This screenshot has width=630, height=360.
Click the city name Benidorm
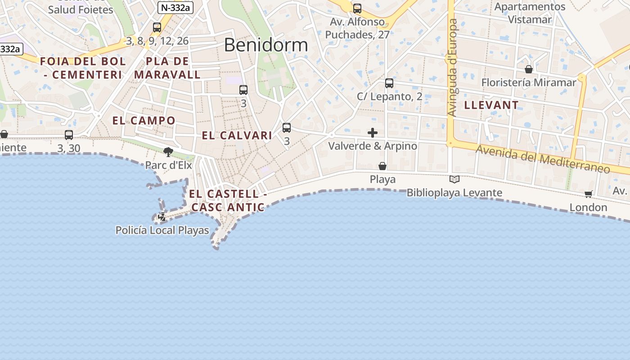(265, 45)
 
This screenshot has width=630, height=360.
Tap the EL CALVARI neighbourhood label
(237, 135)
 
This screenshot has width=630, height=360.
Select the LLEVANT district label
(491, 105)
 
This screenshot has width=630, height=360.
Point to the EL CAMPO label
(144, 121)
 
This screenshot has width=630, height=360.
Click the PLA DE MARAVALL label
(167, 68)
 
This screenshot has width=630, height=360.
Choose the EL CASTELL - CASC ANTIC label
(228, 201)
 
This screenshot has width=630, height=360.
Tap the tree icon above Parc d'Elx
(168, 152)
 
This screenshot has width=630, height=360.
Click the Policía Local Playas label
(162, 230)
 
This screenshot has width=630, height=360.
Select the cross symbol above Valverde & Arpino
(373, 133)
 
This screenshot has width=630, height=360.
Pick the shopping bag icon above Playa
(382, 166)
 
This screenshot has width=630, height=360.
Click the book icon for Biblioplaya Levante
(454, 180)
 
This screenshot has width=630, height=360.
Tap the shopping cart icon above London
(588, 194)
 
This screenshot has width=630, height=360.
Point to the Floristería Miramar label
(528, 82)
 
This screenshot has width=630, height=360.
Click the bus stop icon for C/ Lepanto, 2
(389, 83)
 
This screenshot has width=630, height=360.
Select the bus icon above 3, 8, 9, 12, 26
(157, 27)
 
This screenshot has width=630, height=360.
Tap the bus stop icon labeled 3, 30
(69, 135)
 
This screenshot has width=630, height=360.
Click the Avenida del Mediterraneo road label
(543, 159)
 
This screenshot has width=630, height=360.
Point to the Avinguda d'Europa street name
(453, 67)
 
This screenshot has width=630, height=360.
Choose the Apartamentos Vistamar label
(530, 13)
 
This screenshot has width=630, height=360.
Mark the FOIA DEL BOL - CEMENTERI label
(83, 68)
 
